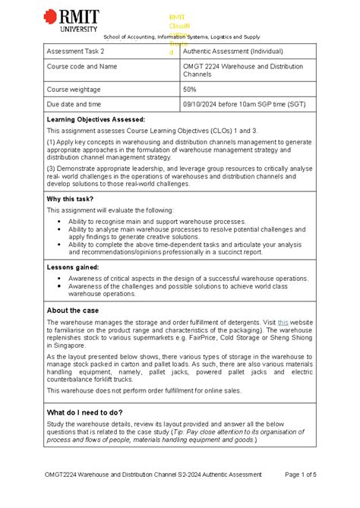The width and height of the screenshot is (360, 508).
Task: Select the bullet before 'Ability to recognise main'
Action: (60, 220)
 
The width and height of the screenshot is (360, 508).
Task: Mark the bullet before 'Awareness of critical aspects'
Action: (60, 279)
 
